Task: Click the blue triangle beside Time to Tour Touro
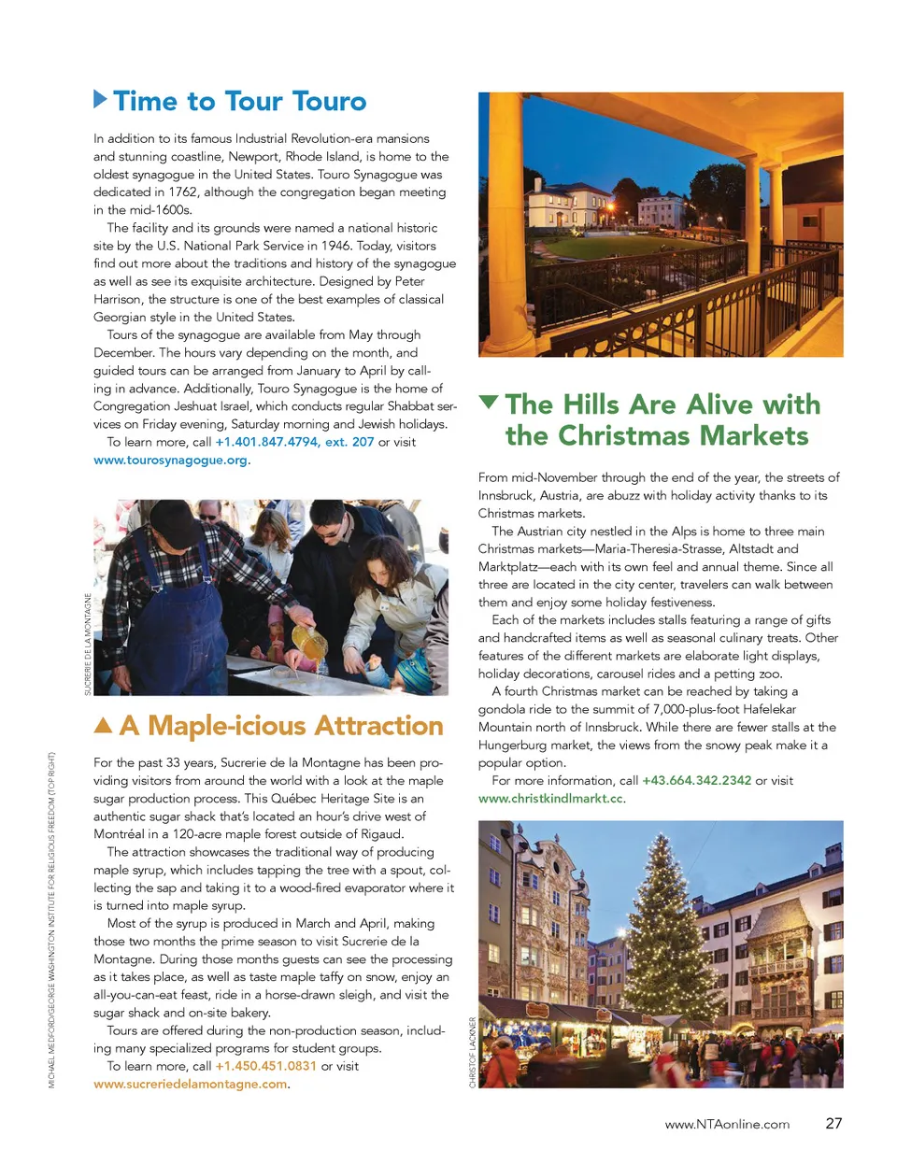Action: pyautogui.click(x=101, y=98)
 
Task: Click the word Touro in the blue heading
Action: pyautogui.click(x=329, y=101)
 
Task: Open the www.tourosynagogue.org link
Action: pyautogui.click(x=170, y=460)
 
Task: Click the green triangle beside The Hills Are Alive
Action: pyautogui.click(x=488, y=403)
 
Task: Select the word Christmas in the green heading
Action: pyautogui.click(x=626, y=436)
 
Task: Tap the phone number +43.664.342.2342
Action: pyautogui.click(x=696, y=781)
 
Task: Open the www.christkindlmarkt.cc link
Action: pyautogui.click(x=550, y=799)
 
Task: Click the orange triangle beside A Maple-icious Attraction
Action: pyautogui.click(x=104, y=725)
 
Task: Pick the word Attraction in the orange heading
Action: pyautogui.click(x=378, y=726)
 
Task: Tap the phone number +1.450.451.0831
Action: pyautogui.click(x=266, y=1066)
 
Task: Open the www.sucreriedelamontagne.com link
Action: pyautogui.click(x=190, y=1084)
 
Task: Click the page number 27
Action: pyautogui.click(x=833, y=1124)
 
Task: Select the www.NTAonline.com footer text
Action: pyautogui.click(x=727, y=1125)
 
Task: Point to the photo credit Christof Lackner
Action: pyautogui.click(x=472, y=1052)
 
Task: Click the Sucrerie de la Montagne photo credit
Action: pyautogui.click(x=88, y=645)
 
